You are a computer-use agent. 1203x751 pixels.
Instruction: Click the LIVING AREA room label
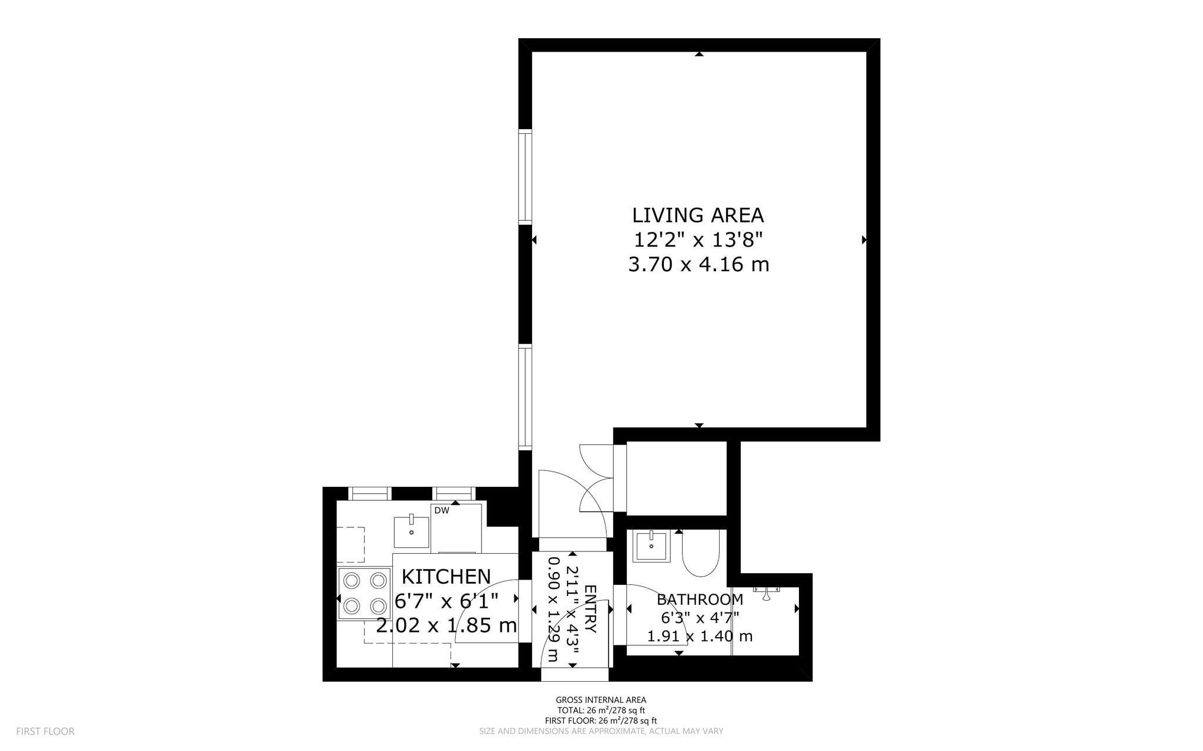click(x=698, y=215)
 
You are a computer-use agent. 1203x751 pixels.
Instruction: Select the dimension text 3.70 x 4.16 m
click(x=698, y=265)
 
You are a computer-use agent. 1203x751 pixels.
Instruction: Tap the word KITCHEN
click(x=446, y=577)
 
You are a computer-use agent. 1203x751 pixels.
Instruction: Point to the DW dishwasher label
click(x=442, y=511)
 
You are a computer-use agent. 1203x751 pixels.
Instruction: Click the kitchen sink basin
click(x=411, y=531)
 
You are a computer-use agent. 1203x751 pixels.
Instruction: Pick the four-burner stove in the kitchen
click(x=365, y=593)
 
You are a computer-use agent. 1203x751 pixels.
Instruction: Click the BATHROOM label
click(x=700, y=600)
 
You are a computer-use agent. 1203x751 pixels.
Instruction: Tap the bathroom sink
click(x=651, y=546)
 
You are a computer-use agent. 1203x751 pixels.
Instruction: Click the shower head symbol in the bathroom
click(x=767, y=594)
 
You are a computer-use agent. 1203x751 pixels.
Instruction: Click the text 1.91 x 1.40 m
click(x=700, y=636)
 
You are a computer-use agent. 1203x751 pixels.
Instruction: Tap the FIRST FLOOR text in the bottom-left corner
click(x=45, y=732)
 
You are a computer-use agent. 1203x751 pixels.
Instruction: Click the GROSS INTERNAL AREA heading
click(x=601, y=700)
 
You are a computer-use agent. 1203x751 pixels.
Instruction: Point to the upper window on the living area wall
click(x=525, y=177)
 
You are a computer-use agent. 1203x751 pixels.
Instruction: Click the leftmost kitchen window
click(x=371, y=494)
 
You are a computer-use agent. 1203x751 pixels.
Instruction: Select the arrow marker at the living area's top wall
click(x=699, y=55)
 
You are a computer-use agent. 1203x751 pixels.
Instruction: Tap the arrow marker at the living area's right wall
click(x=864, y=240)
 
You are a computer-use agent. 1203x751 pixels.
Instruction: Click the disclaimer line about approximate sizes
click(x=601, y=732)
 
